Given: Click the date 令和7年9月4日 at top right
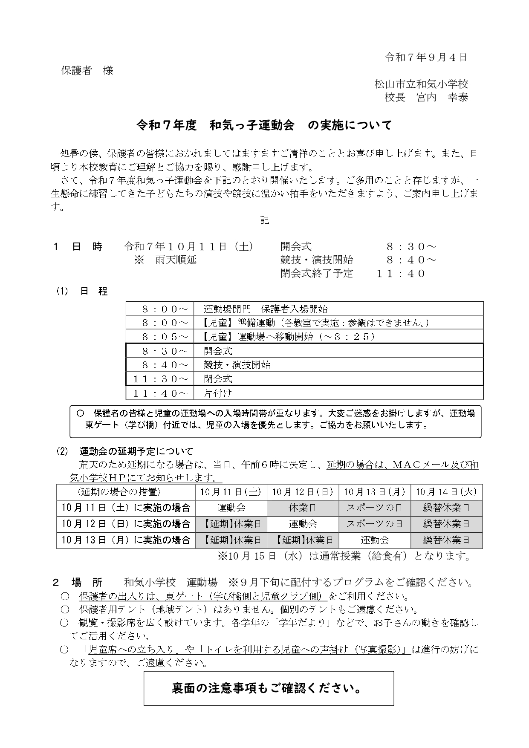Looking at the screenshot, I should [x=426, y=58].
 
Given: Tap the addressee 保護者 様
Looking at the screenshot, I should [x=87, y=71].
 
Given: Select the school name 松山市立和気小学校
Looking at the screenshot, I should [x=421, y=84].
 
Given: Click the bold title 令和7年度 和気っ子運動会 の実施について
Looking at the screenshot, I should [x=264, y=125].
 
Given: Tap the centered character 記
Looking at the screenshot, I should [x=264, y=220].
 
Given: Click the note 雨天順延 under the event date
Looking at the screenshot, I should [x=176, y=260].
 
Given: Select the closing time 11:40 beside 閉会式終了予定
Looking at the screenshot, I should [x=400, y=274].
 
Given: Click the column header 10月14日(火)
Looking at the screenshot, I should [x=446, y=492].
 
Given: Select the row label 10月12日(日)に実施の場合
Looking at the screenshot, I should [x=126, y=523].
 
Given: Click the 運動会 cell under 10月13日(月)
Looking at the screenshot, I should [x=375, y=540].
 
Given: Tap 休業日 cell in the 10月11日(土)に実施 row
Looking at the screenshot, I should [x=303, y=508].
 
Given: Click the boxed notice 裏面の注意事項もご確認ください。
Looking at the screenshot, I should [x=268, y=688].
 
